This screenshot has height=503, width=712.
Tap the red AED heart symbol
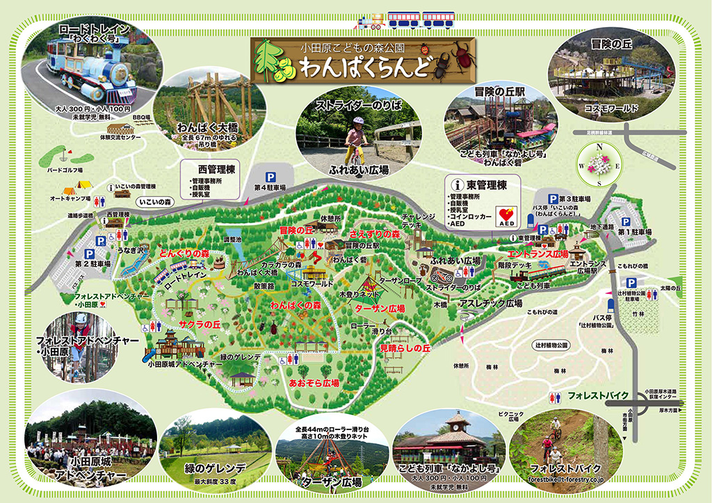(506, 215)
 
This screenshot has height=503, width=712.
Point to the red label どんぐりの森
(184, 254)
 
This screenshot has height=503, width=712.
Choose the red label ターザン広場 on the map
(380, 307)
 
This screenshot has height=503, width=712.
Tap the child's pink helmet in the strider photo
(359, 121)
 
